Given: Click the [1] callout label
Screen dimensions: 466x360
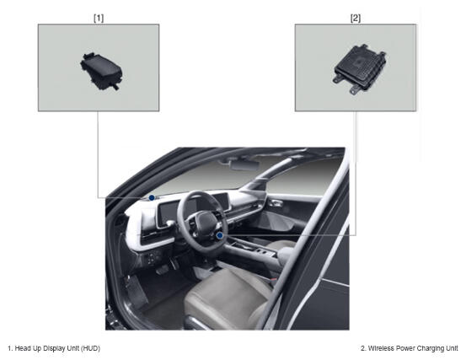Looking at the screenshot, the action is (x=99, y=19).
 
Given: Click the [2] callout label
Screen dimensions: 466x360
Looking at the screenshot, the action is (x=356, y=19).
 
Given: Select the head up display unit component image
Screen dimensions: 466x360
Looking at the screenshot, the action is (x=101, y=71).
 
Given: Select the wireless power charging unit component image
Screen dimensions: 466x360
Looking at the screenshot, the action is (x=359, y=69).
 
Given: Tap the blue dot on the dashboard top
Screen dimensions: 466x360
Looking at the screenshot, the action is (x=152, y=197).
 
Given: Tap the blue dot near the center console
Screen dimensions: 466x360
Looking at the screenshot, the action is (x=220, y=236).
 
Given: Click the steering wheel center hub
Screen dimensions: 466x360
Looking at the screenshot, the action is (x=206, y=223).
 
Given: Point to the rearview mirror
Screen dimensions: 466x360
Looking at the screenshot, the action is (x=245, y=164).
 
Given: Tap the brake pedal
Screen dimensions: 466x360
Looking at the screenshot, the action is (x=162, y=269).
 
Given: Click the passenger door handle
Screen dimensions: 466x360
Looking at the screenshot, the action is (x=276, y=203).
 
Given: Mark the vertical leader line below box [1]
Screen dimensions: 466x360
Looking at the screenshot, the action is (x=98, y=154).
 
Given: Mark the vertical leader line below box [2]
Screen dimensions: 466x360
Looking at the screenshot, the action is (x=356, y=174).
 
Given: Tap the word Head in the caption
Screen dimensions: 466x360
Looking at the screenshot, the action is (x=21, y=348).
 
